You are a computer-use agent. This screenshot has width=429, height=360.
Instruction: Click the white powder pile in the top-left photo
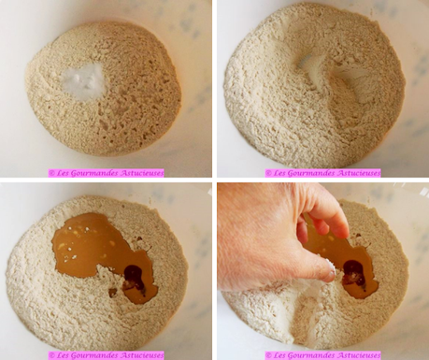click(82, 80)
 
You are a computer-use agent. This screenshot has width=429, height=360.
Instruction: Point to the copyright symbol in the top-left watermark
click(51, 173)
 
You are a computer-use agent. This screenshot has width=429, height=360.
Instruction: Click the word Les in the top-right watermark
click(278, 173)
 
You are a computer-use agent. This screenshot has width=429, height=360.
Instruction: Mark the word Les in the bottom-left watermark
click(61, 355)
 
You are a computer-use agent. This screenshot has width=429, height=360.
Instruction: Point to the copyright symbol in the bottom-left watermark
click(51, 355)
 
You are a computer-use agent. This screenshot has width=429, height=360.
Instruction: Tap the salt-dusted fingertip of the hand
click(330, 268)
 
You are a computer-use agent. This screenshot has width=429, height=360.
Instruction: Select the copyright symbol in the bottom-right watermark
click(268, 355)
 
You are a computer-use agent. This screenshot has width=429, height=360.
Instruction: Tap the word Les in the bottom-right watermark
click(278, 355)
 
